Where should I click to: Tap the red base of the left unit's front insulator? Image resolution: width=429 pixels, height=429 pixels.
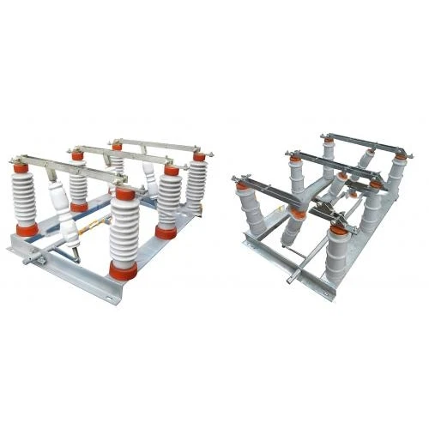(123, 271)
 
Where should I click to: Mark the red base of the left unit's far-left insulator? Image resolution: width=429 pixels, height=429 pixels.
(27, 229)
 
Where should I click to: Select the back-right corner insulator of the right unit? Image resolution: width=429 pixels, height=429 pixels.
(396, 176)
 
